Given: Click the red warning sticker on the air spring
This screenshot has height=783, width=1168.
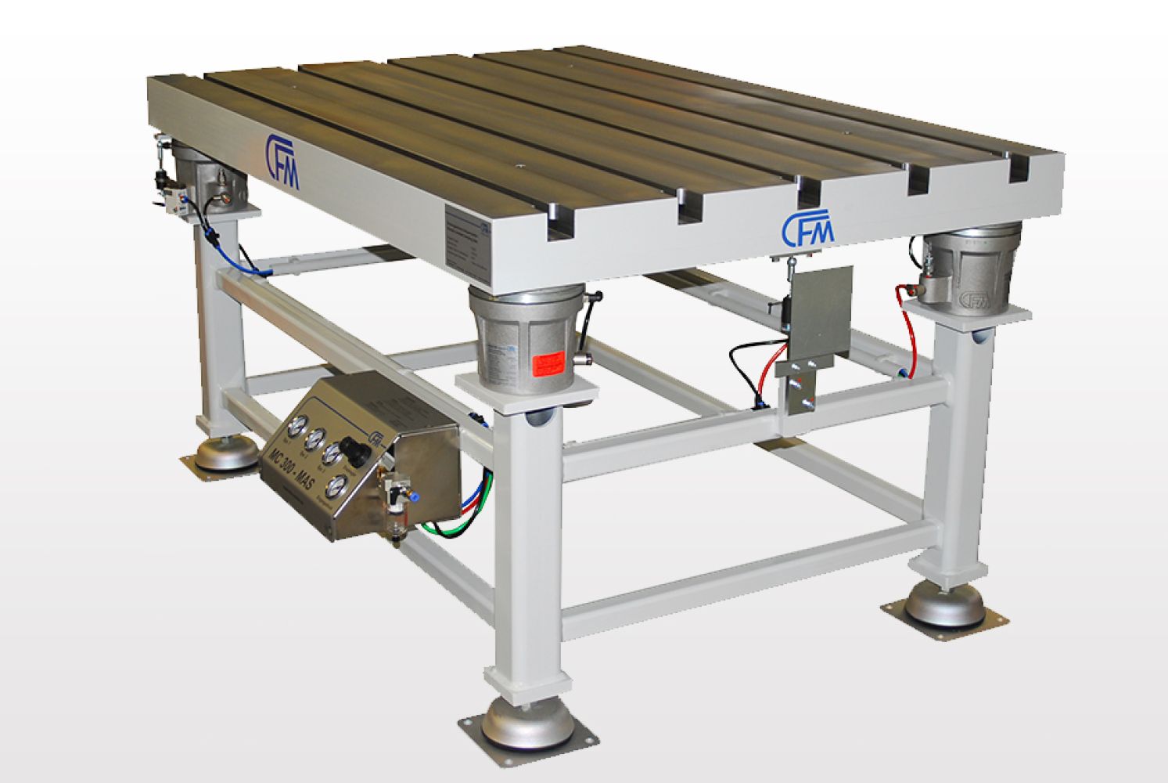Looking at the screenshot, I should (548, 364).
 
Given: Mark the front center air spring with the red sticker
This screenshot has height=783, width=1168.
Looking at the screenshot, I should (528, 341).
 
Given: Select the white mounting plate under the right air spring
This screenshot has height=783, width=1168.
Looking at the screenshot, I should (969, 313).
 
